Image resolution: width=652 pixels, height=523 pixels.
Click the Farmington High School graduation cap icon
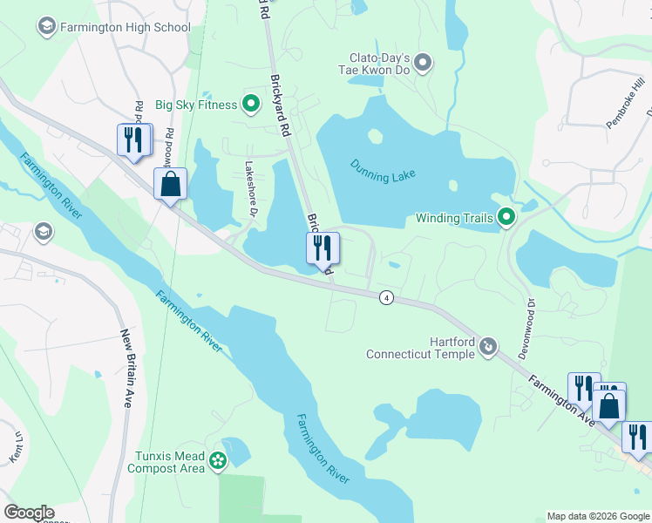coord(45,27)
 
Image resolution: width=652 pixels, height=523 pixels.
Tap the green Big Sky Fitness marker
coord(251,105)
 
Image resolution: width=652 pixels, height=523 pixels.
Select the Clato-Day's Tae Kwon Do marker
coord(423,62)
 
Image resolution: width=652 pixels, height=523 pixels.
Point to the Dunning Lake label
coord(384,170)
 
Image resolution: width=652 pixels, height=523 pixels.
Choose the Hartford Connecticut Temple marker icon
coord(488,347)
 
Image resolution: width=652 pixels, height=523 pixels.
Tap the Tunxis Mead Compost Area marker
coord(218,461)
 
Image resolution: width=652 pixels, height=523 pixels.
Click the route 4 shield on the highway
coord(384,298)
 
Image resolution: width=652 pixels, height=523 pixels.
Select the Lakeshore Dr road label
coord(251,188)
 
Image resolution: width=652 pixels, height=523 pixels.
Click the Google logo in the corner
coord(28,513)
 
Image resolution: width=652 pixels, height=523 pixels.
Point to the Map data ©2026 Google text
coord(597,516)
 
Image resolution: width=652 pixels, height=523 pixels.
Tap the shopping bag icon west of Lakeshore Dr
coord(170,184)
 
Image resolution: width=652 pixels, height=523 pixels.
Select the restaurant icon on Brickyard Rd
coord(323,248)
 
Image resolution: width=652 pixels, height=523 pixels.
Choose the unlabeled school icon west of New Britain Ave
coord(42,231)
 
